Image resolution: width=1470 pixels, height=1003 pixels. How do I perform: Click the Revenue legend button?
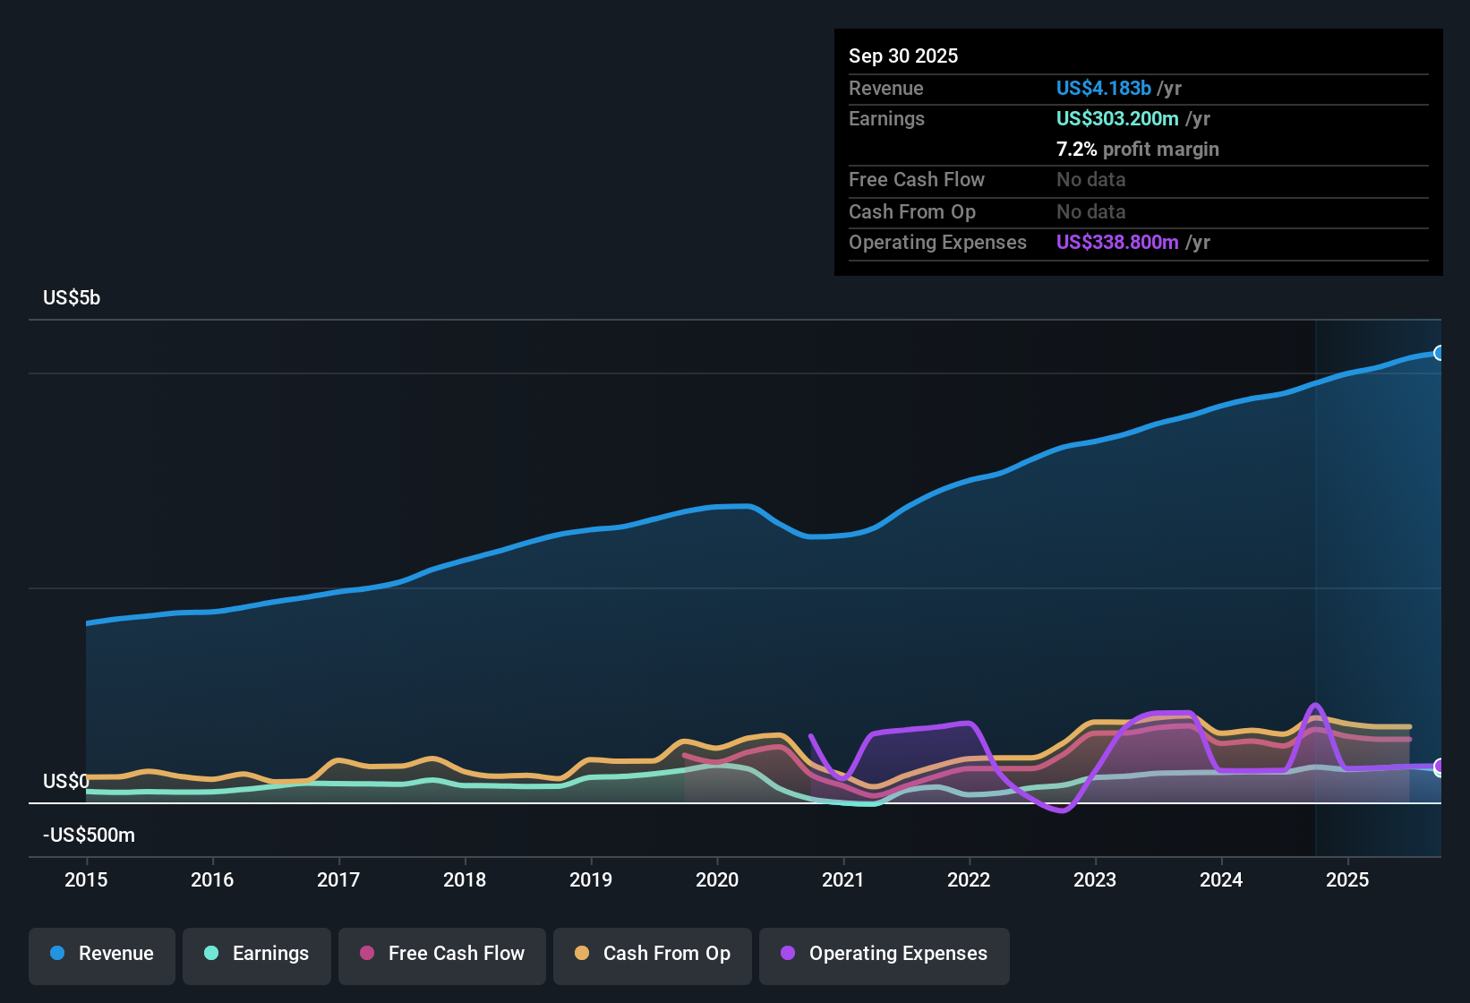pos(102,954)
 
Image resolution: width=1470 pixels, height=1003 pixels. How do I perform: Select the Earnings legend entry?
pos(257,954)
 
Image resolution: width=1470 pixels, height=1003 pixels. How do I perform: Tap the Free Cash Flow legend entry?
pos(442,954)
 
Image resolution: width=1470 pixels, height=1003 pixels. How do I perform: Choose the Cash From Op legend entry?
pos(653,954)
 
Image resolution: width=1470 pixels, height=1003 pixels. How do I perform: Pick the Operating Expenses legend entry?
pos(885,954)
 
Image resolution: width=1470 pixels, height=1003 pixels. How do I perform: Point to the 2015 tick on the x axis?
pos(86,879)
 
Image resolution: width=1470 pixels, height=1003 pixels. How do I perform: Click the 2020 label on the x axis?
pos(717,879)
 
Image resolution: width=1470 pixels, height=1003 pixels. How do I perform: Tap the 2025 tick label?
pos(1347,879)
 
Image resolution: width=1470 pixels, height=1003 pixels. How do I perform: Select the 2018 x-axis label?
pos(465,879)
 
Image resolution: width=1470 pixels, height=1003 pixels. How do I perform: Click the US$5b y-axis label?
pos(72,298)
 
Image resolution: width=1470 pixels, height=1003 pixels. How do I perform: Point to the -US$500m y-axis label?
pos(89,836)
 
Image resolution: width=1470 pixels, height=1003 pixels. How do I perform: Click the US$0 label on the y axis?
pos(65,782)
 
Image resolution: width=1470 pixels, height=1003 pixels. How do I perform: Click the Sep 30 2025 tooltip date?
pos(902,56)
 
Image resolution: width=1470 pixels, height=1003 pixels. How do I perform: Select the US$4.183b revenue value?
pos(1103,88)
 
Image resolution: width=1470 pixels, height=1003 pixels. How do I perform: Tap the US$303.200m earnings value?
pos(1116,118)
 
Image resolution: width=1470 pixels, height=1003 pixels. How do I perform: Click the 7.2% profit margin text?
pos(1137,149)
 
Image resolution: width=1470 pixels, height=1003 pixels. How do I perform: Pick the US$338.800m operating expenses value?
pos(1116,242)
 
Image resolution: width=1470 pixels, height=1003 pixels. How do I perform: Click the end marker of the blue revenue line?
pos(1439,353)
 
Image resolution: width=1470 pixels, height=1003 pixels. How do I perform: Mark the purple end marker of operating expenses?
pos(1439,767)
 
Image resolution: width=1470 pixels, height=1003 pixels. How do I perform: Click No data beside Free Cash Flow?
pos(1090,179)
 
